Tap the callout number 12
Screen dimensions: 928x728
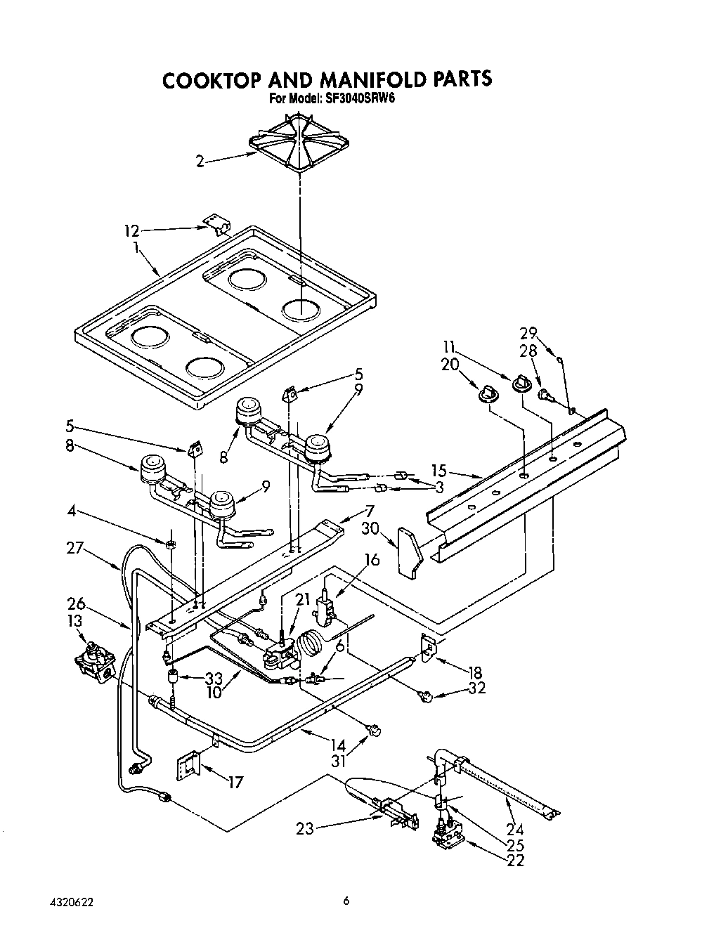131,229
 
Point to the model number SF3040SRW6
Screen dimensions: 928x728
360,99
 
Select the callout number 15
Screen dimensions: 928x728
439,471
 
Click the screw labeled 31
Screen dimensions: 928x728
375,732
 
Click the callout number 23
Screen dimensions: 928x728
304,829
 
